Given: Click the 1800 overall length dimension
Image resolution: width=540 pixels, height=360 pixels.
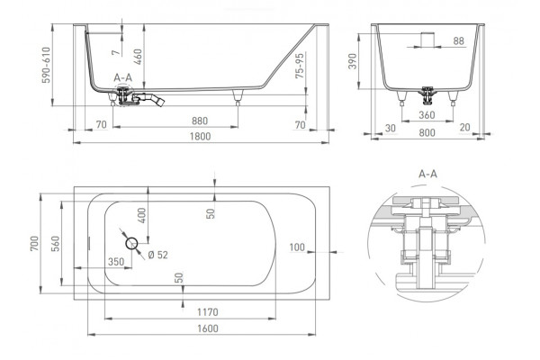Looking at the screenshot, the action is [200, 137].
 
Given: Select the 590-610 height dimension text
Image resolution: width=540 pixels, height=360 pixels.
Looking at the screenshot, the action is [46, 65].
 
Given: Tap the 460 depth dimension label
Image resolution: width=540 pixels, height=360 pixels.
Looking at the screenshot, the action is [138, 57].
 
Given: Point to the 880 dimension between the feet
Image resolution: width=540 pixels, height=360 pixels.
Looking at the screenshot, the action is [200, 121].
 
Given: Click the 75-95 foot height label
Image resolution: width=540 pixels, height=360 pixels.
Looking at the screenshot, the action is [300, 66].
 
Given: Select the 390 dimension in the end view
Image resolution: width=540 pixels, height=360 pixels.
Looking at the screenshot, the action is [352, 61].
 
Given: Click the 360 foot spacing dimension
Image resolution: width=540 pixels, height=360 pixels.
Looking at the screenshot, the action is [427, 115].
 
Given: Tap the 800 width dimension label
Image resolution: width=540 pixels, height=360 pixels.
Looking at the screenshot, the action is [427, 132].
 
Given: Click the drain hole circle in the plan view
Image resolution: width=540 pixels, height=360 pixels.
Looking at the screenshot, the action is [131, 244].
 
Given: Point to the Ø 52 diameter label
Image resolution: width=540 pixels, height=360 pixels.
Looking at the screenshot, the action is [157, 255].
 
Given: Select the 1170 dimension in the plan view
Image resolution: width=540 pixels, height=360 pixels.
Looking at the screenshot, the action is [208, 312].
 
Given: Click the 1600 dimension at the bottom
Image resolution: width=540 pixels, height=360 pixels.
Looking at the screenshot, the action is [208, 328].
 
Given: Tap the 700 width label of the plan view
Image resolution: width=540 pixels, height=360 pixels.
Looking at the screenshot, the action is [34, 243].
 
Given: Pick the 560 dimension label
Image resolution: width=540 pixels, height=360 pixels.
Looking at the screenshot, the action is [55, 244].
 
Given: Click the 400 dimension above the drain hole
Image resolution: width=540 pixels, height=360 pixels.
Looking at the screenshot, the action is [141, 215].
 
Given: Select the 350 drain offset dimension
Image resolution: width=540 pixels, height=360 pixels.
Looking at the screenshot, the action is [116, 262].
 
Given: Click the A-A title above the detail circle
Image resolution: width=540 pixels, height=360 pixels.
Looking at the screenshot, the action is [427, 174].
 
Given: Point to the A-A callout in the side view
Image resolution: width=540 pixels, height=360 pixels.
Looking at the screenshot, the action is [123, 78].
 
